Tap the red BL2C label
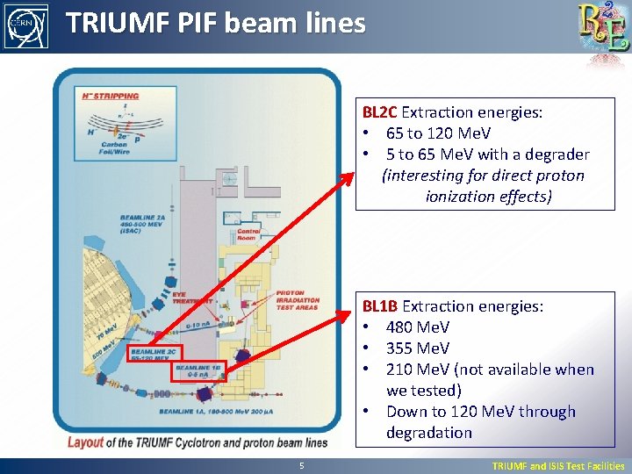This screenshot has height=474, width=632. (380, 112)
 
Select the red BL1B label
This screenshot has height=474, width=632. (380, 306)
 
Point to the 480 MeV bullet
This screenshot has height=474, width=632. (417, 327)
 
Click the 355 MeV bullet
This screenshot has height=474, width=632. (417, 348)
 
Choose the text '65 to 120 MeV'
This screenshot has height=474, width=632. (438, 133)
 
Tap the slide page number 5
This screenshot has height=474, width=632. (301, 466)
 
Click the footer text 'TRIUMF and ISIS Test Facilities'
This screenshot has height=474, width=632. (557, 466)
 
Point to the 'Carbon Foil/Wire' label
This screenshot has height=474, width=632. (115, 147)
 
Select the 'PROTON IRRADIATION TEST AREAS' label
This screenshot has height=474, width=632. (298, 301)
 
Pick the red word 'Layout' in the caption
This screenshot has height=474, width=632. (85, 442)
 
